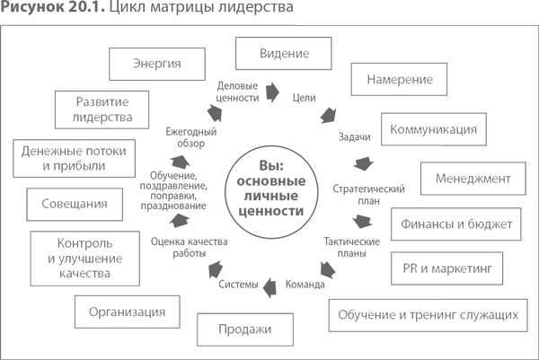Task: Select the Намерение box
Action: tap(400, 79)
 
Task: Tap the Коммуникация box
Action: tap(433, 129)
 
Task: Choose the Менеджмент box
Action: tap(473, 178)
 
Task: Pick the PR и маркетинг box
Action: tap(447, 267)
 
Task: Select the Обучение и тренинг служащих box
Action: tap(428, 314)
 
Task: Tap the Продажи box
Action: tap(244, 329)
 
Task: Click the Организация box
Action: tap(127, 312)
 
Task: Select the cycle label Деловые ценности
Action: tap(239, 91)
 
